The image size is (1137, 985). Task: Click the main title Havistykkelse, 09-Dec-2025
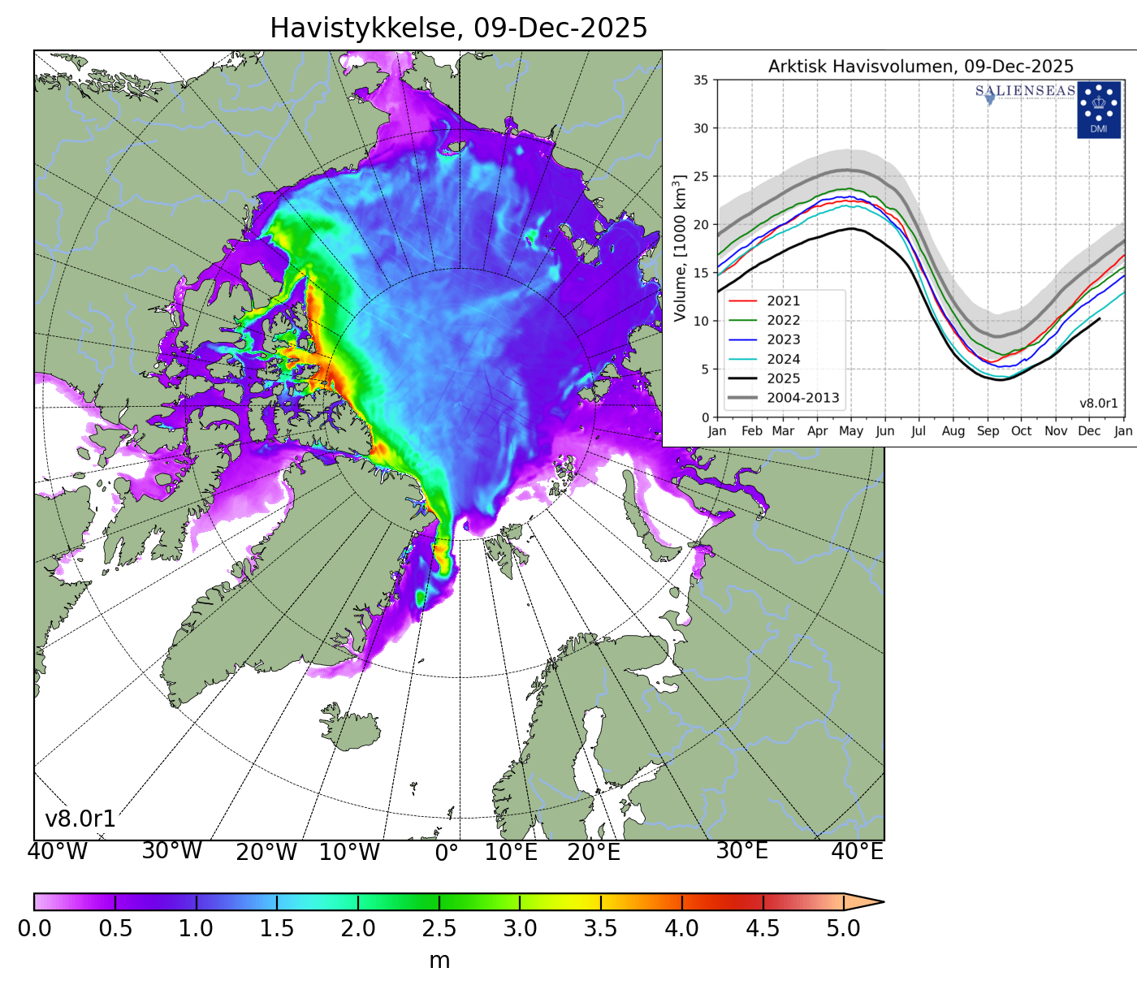click(x=458, y=28)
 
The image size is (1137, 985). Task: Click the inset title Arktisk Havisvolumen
click(x=920, y=67)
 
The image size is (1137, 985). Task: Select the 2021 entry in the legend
click(x=783, y=301)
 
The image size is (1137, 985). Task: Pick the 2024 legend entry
click(x=783, y=359)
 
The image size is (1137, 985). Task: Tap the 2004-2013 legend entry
click(x=802, y=398)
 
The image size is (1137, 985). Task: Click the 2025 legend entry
click(x=783, y=378)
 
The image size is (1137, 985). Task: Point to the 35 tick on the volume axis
click(x=700, y=80)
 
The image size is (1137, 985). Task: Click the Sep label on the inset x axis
click(x=988, y=431)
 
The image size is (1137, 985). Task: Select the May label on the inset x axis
click(x=851, y=431)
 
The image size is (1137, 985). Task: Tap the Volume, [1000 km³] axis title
click(x=681, y=248)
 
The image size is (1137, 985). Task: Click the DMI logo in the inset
click(x=1098, y=110)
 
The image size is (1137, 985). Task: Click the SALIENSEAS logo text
click(x=1025, y=91)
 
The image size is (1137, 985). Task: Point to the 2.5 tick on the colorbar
click(x=439, y=928)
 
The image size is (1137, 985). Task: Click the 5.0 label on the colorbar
click(x=843, y=928)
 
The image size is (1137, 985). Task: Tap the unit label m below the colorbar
click(x=439, y=961)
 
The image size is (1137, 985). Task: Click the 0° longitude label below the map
click(x=447, y=852)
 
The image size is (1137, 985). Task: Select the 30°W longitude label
click(x=171, y=851)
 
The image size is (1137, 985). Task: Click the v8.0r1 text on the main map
click(x=80, y=819)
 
